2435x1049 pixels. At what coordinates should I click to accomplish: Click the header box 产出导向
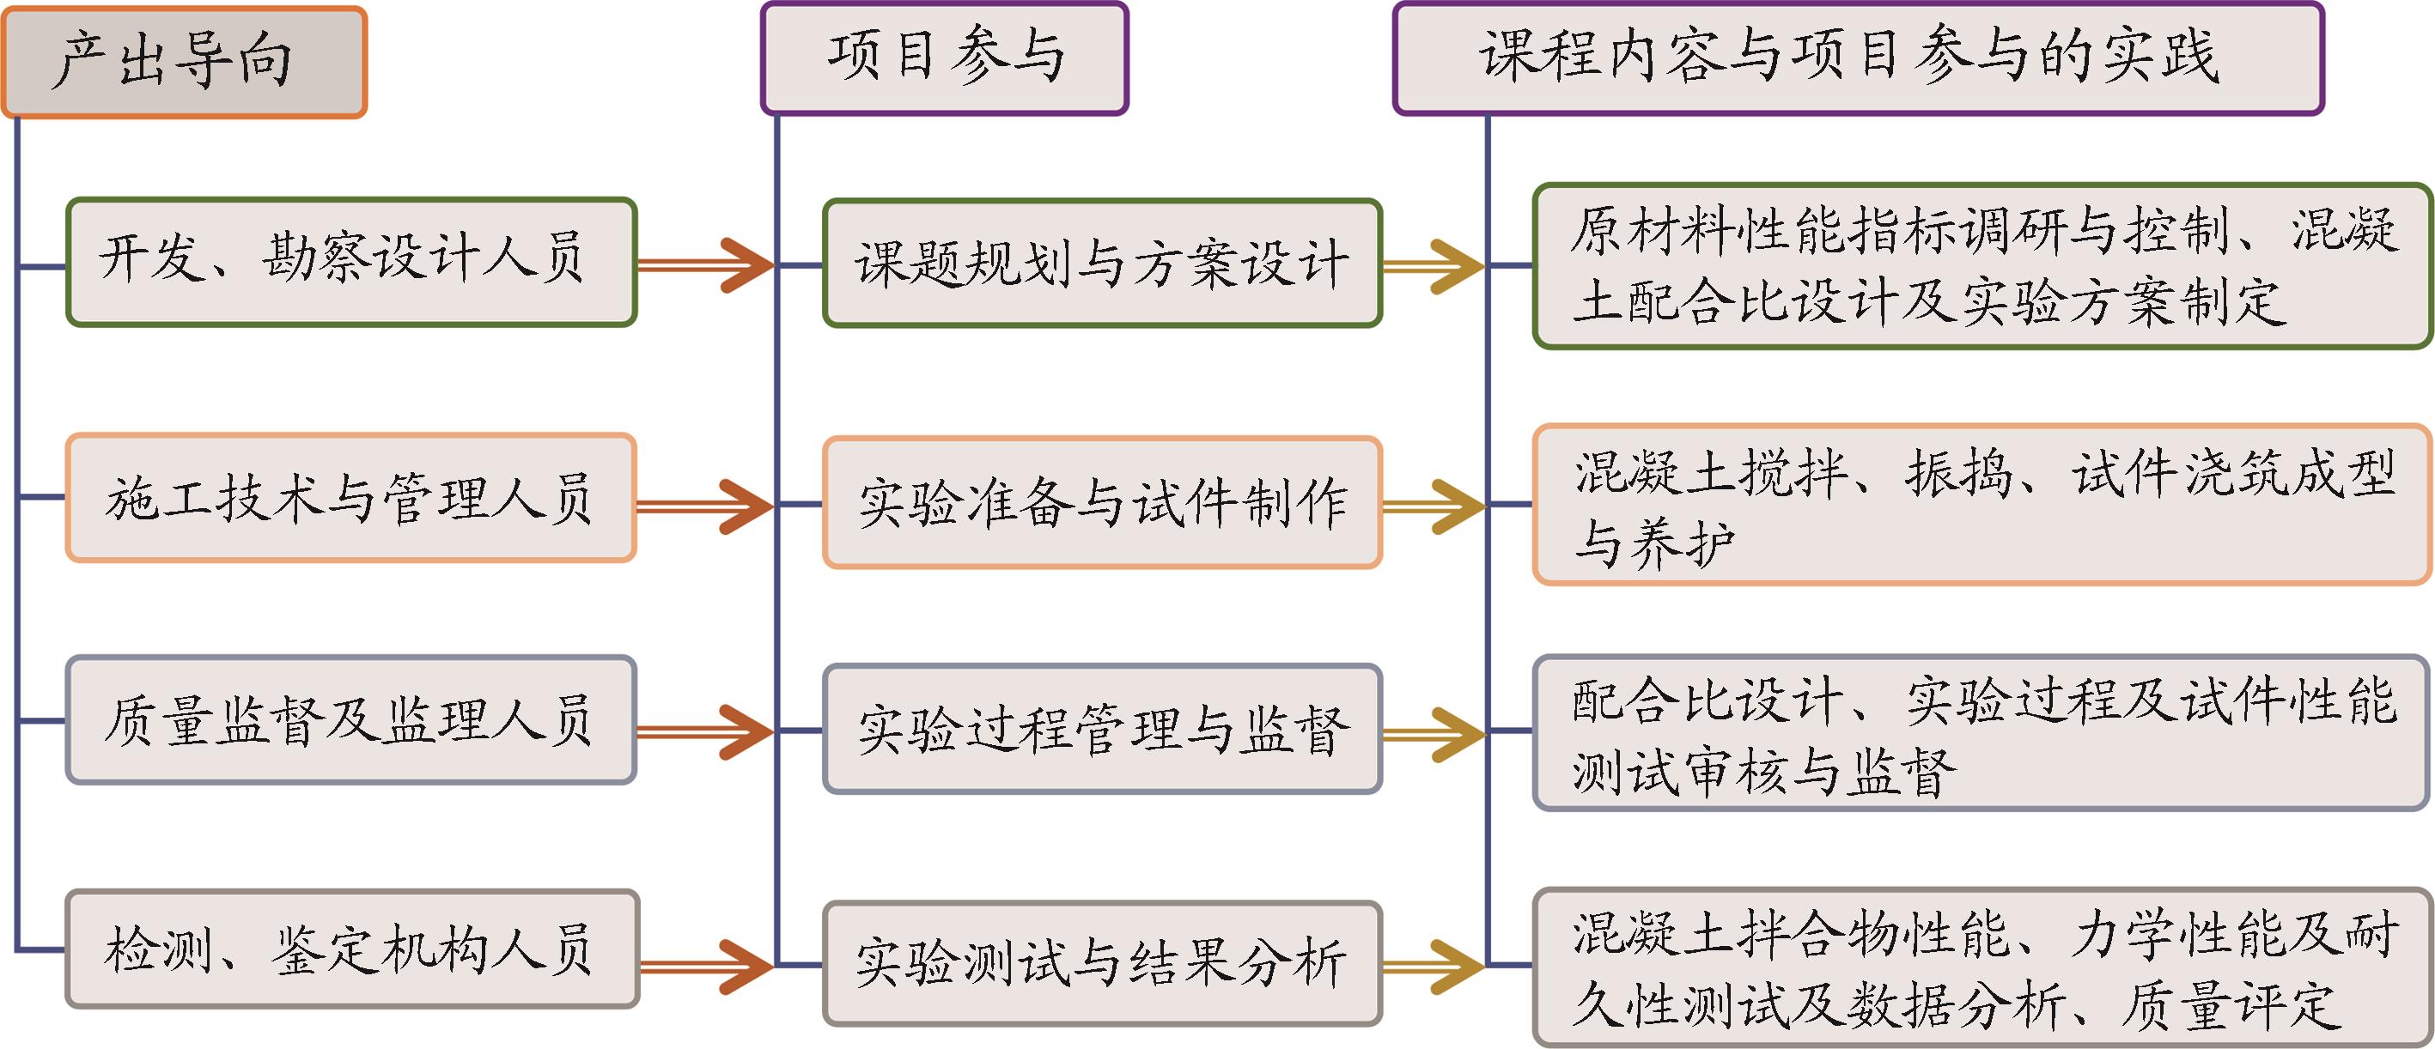tap(185, 63)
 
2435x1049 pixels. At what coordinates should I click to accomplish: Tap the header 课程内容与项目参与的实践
tap(1858, 58)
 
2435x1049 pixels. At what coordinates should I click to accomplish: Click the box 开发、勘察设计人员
tap(350, 262)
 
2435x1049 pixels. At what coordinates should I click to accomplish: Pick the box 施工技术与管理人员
tap(350, 498)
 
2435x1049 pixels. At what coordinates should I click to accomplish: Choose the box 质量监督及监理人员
tap(350, 720)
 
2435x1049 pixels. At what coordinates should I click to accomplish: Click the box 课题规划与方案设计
tap(1102, 264)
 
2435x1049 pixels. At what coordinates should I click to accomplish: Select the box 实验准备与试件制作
tap(1102, 502)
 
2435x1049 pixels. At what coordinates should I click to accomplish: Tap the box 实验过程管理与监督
tap(1102, 729)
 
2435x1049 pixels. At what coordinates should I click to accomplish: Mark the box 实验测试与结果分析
tap(1102, 963)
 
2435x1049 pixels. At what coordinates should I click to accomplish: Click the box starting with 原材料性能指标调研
tap(1982, 266)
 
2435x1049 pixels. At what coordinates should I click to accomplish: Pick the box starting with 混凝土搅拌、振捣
tap(1982, 505)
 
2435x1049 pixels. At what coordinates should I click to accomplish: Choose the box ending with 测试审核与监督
tap(1982, 732)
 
